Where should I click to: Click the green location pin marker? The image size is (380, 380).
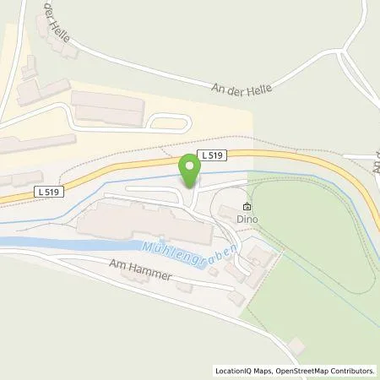(191, 172)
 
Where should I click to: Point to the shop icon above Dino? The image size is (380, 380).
(247, 206)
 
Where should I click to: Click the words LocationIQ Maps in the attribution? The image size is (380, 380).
(240, 371)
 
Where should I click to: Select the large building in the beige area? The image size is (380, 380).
(108, 107)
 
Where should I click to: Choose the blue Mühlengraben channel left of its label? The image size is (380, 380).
(59, 244)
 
